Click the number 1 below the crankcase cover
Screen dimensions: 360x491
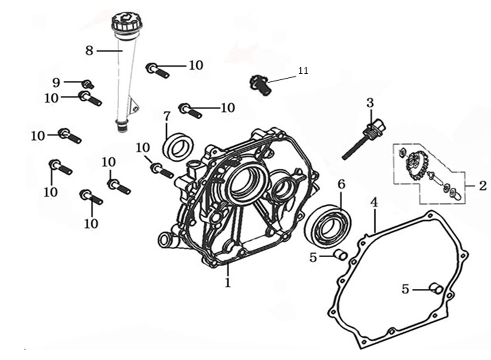tap(228, 282)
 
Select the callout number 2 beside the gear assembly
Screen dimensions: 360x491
tap(482, 186)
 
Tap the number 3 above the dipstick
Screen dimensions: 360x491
tap(370, 103)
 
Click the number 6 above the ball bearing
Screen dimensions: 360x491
tap(341, 184)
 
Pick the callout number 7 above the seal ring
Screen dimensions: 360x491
tap(167, 117)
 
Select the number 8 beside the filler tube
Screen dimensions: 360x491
tap(89, 50)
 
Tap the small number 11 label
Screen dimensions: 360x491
tap(303, 71)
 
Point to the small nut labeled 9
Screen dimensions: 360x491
tap(88, 84)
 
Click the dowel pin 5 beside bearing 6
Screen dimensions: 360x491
tap(341, 255)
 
